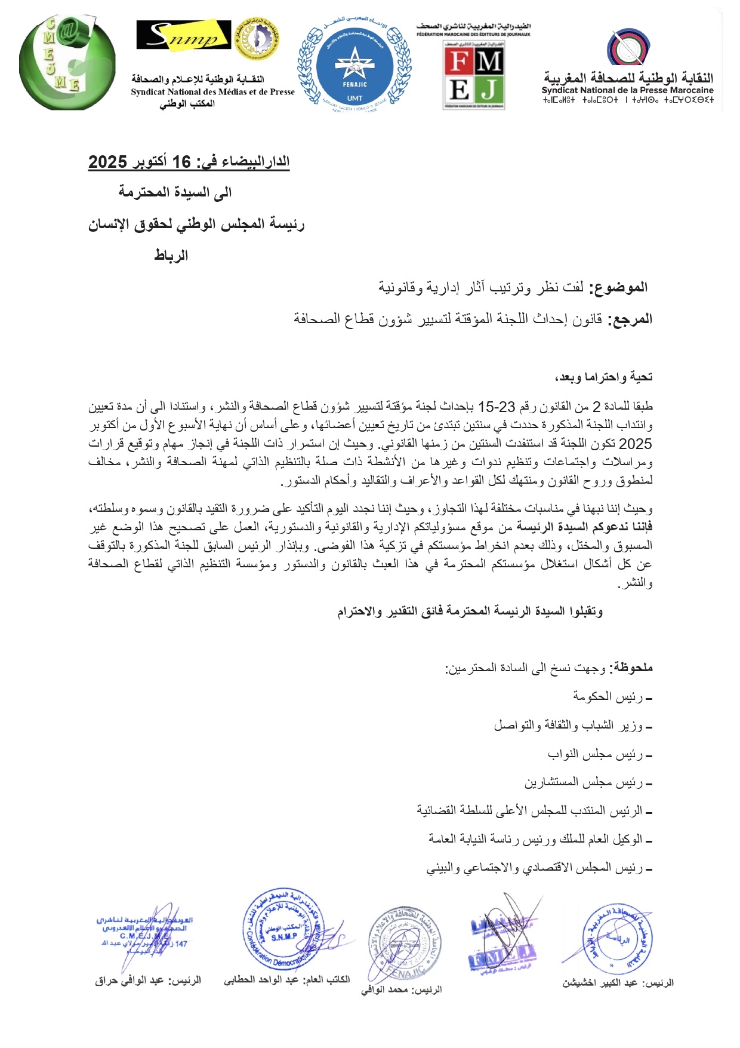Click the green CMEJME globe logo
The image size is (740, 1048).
tap(67, 63)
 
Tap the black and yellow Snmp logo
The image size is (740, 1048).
tap(183, 35)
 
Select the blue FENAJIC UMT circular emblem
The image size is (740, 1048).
tap(354, 66)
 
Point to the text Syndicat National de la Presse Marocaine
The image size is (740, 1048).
tap(627, 91)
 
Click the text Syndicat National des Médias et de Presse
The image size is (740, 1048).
tap(213, 92)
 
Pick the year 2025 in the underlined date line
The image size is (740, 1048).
tap(108, 162)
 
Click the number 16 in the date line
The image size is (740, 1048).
tap(181, 162)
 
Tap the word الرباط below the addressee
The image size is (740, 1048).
tap(171, 256)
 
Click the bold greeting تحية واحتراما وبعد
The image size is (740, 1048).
tap(604, 377)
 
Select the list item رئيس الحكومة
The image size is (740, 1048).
tap(608, 696)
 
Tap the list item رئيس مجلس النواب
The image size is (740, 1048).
tap(596, 754)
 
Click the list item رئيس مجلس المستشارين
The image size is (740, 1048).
tap(584, 782)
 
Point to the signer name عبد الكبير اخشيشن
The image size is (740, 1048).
tap(600, 983)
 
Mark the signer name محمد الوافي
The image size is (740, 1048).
tap(384, 990)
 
